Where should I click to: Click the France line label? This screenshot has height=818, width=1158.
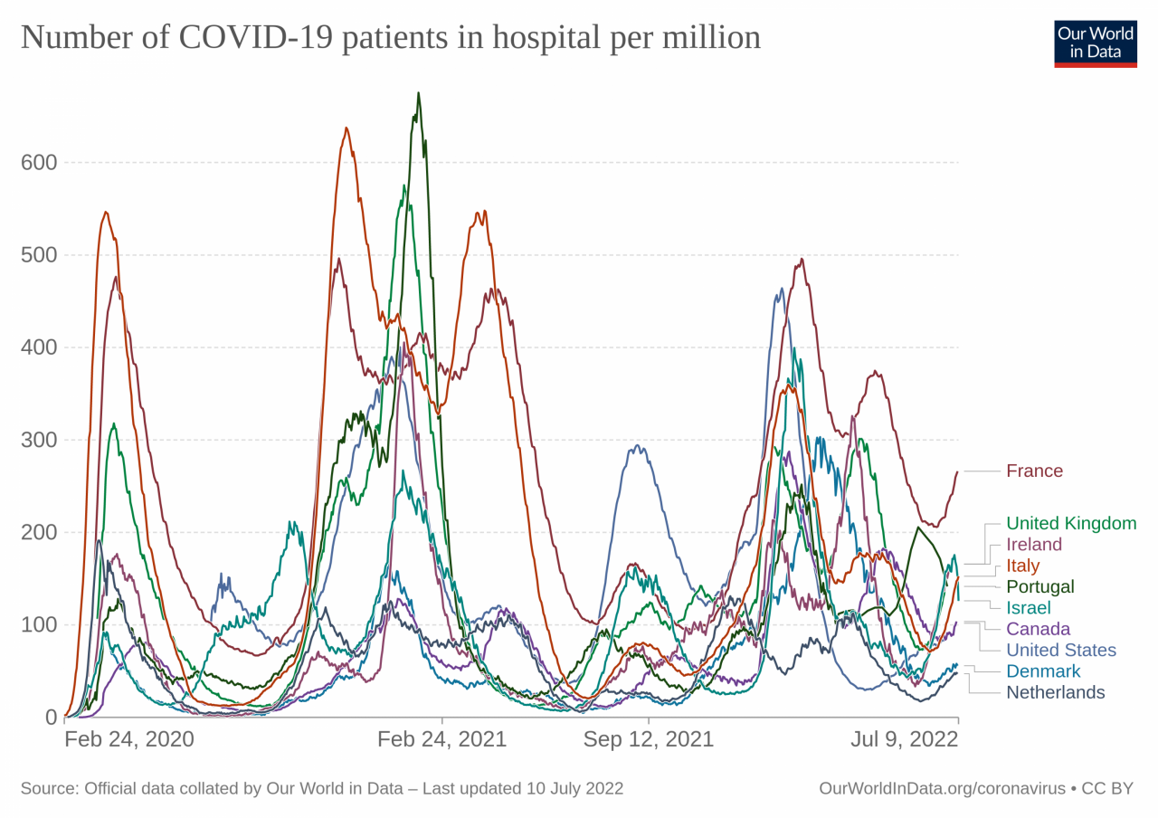coord(1034,471)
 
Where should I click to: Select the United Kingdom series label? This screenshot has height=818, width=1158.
coord(1071,523)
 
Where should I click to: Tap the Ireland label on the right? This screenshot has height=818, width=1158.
coord(1034,545)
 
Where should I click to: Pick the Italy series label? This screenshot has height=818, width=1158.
coord(1023,566)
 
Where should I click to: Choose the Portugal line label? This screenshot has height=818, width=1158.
coord(1040,586)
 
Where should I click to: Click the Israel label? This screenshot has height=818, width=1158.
coord(1029,608)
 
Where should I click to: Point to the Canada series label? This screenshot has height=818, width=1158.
coord(1038,629)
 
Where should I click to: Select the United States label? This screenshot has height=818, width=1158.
coord(1061,650)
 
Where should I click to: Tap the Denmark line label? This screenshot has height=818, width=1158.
coord(1043,671)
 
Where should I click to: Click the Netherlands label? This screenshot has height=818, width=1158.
coord(1056,692)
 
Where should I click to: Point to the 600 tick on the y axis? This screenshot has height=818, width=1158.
coord(39,163)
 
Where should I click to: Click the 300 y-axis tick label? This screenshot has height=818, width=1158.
coord(39,440)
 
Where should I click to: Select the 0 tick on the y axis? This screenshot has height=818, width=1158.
coord(51,718)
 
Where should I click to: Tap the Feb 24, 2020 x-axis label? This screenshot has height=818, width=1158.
coord(129,739)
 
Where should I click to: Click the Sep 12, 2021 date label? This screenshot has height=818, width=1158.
coord(648,739)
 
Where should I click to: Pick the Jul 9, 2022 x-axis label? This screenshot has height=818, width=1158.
coord(904,739)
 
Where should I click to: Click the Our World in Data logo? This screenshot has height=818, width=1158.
coord(1095,42)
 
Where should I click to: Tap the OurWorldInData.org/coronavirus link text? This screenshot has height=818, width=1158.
coord(942,788)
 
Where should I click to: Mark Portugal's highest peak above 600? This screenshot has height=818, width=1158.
coord(418,92)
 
